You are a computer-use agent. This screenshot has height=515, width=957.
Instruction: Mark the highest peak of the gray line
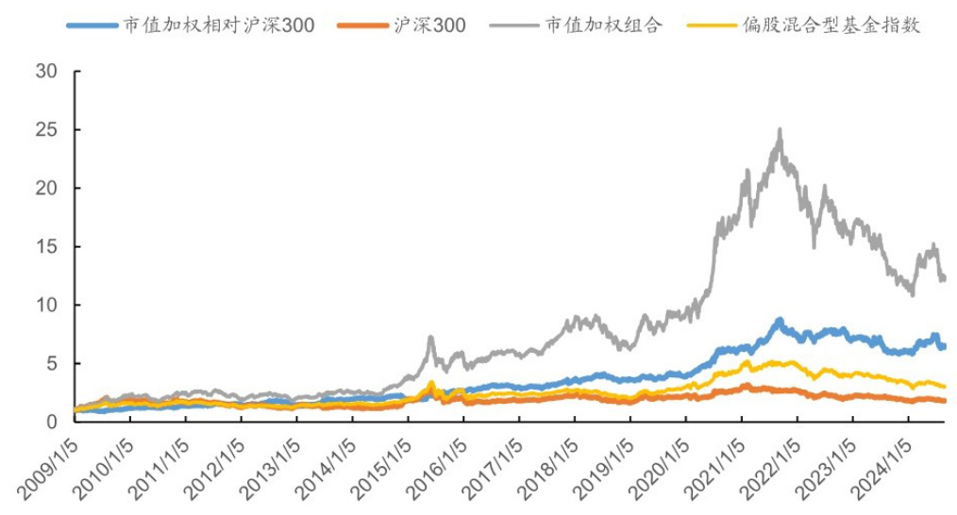780,130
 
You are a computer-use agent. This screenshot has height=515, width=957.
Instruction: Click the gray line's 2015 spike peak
430,337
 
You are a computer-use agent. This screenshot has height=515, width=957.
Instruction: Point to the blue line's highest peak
779,320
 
